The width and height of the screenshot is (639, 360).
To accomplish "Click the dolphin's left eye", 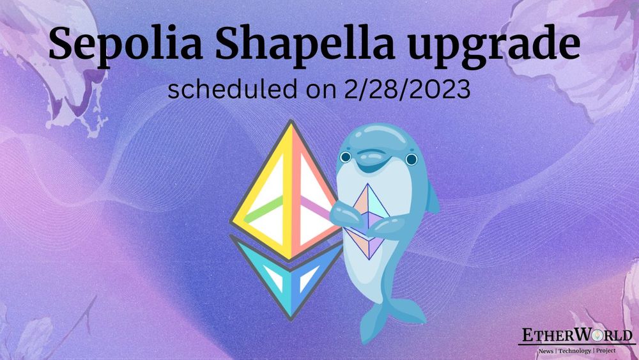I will [346, 157].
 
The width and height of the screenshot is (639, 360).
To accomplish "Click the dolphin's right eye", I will [411, 159].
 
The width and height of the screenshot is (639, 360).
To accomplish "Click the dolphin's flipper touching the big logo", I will [337, 210].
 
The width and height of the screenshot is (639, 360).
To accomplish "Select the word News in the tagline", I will [545, 351].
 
